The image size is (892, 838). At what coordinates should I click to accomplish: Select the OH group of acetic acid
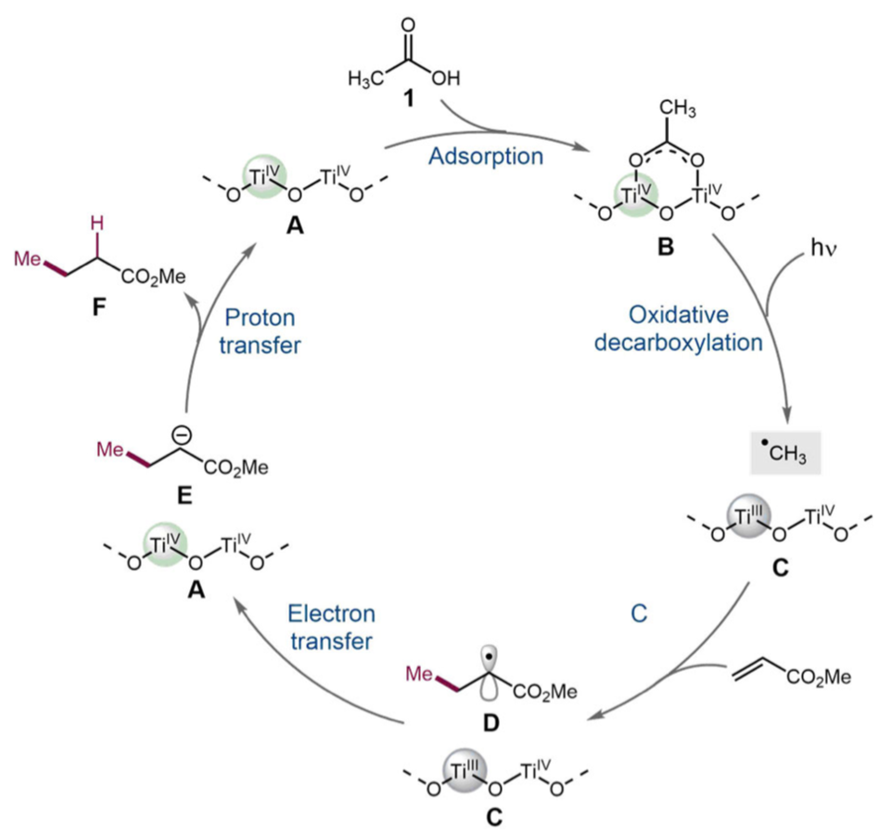(x=444, y=78)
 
